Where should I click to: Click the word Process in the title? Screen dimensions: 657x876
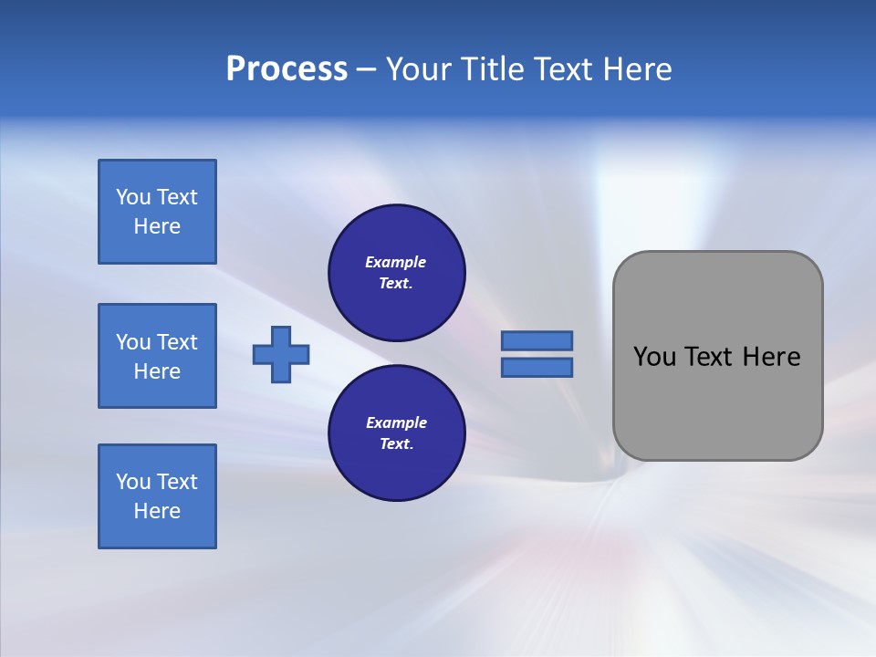pos(287,69)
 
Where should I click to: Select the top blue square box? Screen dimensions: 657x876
pos(157,212)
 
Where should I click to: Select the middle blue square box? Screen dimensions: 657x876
pos(157,356)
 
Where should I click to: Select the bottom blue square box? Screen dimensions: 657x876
pos(157,496)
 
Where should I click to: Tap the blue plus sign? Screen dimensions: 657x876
pos(281,354)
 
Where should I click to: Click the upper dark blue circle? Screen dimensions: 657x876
pos(396,273)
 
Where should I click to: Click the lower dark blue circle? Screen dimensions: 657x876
pos(396,433)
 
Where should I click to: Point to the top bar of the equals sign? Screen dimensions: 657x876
pos(537,341)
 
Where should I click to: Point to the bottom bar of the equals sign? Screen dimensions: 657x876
pos(537,367)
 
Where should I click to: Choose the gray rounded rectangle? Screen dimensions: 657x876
pos(717,401)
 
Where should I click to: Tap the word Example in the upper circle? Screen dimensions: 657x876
pos(396,262)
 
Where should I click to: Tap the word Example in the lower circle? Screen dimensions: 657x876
pos(396,422)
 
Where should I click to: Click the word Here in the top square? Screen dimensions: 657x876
pos(157,226)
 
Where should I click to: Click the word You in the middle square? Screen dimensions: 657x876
pos(132,342)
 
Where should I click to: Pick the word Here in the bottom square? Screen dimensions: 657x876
pos(157,511)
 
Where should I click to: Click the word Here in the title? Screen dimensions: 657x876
pos(637,69)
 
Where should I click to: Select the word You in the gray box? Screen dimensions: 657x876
pos(654,357)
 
